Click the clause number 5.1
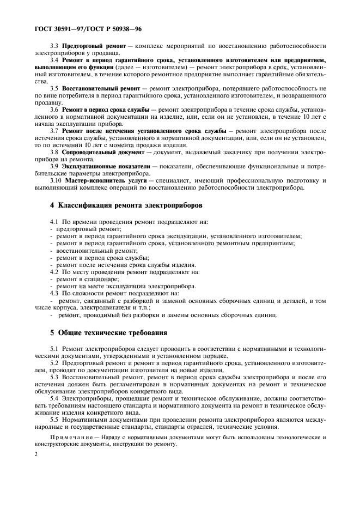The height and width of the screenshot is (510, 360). (x=54, y=347)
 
